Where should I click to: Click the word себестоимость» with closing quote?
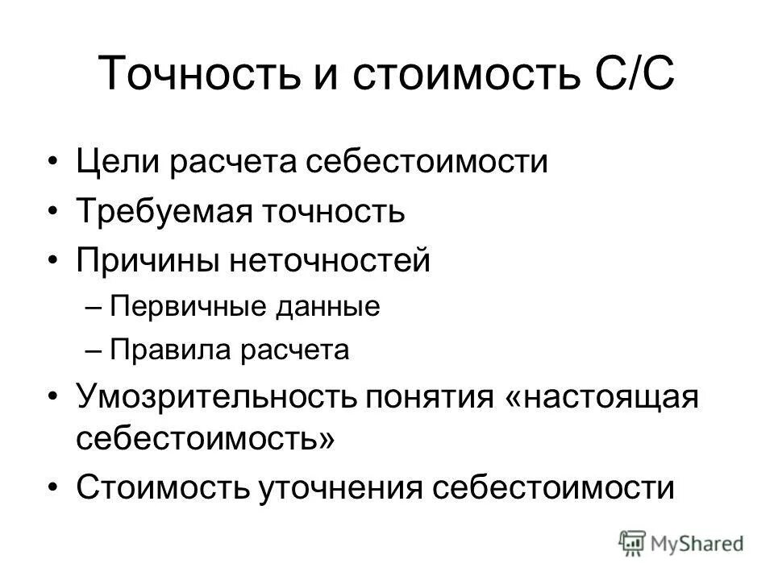(x=206, y=440)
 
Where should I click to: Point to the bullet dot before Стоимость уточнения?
(x=53, y=488)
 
